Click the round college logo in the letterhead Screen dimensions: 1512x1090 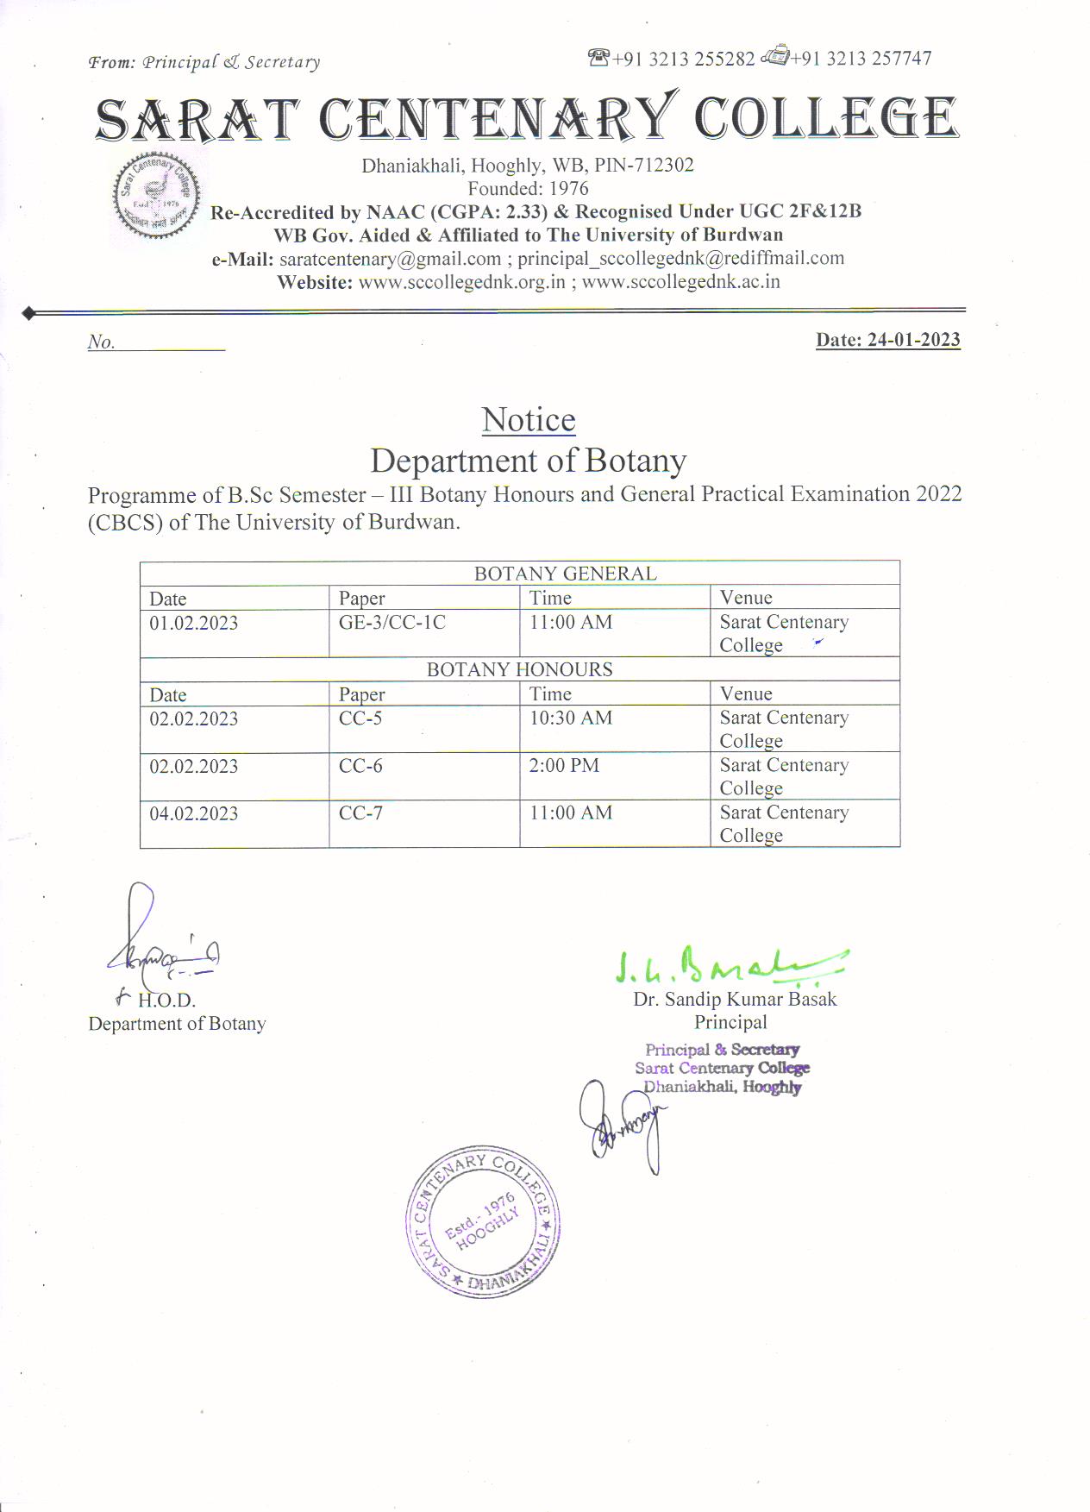(x=156, y=197)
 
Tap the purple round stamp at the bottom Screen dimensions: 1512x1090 (x=483, y=1221)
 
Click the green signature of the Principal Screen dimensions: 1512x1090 (x=729, y=966)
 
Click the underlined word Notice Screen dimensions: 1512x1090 (x=528, y=420)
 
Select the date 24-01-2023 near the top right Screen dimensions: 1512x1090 (x=913, y=340)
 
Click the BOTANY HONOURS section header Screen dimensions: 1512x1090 (x=519, y=669)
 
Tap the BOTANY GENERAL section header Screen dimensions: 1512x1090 (x=565, y=574)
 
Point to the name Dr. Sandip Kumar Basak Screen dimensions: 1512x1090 (x=735, y=999)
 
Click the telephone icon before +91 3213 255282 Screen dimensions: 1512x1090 (x=598, y=57)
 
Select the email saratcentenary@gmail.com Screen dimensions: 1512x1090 (x=390, y=259)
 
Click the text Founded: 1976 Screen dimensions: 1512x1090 (x=528, y=188)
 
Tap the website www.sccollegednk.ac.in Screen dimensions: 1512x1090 (x=680, y=282)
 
